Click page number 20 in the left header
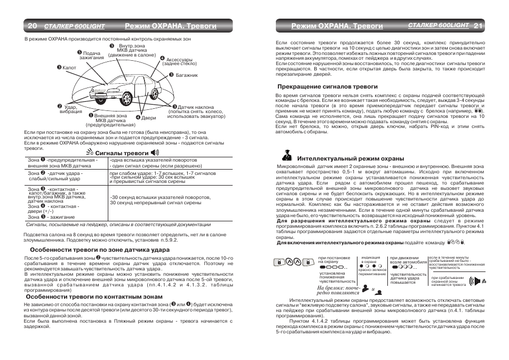[x=31, y=26]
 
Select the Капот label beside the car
[x=69, y=68]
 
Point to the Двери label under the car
[x=148, y=117]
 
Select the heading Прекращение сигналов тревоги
[x=327, y=86]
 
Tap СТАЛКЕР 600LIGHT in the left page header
[x=74, y=26]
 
